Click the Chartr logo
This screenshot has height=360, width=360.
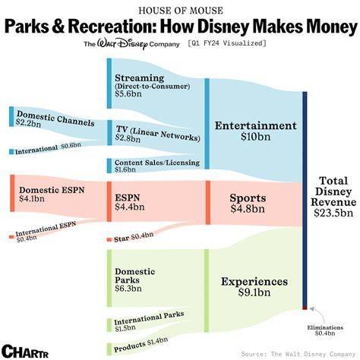tap(24, 351)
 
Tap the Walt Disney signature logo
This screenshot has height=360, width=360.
tap(122, 44)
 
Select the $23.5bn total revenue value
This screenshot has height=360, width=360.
tap(333, 213)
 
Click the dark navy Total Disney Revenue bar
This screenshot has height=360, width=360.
tap(305, 199)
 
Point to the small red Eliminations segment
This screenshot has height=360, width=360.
tap(305, 308)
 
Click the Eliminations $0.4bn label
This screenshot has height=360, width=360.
tap(325, 330)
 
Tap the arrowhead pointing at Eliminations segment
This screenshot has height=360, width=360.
tap(312, 308)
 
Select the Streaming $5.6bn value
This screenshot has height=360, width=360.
tap(128, 94)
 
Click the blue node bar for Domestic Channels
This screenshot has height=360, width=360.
tap(11, 116)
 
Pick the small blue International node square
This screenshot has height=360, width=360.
tap(11, 152)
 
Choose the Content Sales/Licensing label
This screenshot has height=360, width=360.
tap(157, 163)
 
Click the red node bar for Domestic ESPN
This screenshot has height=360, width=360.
tap(12, 193)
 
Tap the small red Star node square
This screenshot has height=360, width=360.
tap(109, 239)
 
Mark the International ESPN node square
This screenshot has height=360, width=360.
tap(11, 237)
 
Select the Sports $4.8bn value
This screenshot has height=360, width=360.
tap(248, 209)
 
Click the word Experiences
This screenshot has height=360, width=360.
tap(254, 282)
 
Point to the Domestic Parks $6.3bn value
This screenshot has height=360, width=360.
tap(128, 289)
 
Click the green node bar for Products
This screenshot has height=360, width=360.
tap(109, 349)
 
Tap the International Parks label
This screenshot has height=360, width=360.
tap(149, 318)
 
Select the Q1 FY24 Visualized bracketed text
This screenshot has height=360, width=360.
tap(227, 43)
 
